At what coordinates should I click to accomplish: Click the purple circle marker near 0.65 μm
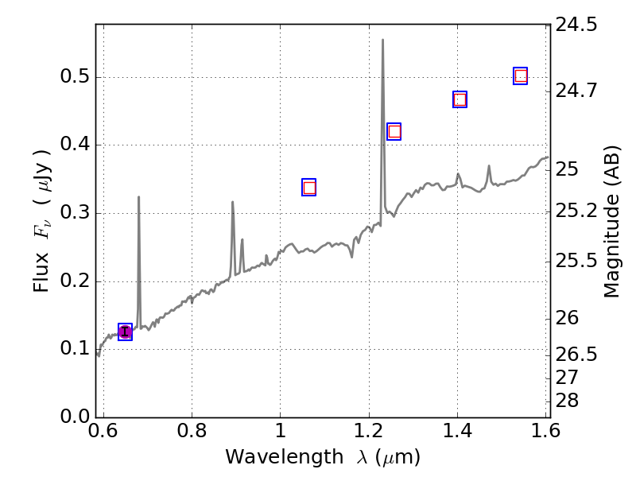tap(125, 332)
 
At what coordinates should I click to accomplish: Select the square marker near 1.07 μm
tap(309, 188)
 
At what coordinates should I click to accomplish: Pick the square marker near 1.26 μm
tap(394, 132)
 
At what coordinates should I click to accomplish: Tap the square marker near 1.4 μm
tap(460, 99)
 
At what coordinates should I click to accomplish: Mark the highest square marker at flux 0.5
tap(521, 76)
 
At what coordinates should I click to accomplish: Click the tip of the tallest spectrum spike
tap(382, 40)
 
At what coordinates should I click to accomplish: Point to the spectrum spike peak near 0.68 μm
tap(138, 196)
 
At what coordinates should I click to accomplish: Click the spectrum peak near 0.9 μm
tap(232, 202)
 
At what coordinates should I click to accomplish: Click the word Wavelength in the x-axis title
tap(270, 457)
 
